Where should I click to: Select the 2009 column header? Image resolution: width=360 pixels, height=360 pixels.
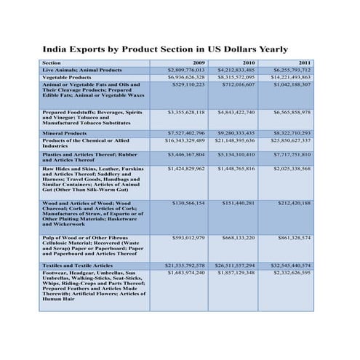pyautogui.click(x=199, y=63)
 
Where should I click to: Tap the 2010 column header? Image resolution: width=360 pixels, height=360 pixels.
pyautogui.click(x=248, y=63)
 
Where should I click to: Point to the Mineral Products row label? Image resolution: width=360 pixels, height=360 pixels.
pyautogui.click(x=65, y=133)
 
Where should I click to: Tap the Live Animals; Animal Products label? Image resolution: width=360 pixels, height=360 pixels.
pyautogui.click(x=81, y=70)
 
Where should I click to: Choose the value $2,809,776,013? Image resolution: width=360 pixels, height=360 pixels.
pyautogui.click(x=186, y=70)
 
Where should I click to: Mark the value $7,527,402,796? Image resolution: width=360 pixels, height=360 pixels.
pyautogui.click(x=186, y=133)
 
